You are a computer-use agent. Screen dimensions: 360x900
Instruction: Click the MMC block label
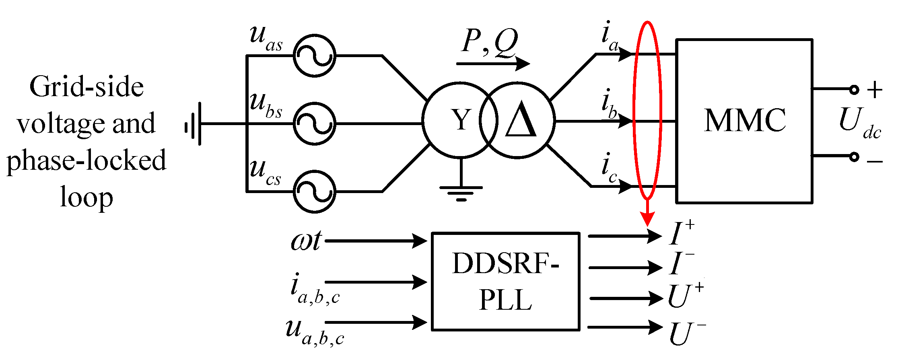pyautogui.click(x=745, y=120)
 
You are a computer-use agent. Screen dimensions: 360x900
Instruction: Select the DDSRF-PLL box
pyautogui.click(x=505, y=282)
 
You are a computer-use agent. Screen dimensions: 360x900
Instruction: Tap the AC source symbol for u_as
pyautogui.click(x=314, y=56)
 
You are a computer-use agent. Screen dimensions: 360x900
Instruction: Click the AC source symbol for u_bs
pyautogui.click(x=314, y=123)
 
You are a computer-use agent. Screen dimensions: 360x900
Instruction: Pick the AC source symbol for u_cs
pyautogui.click(x=314, y=191)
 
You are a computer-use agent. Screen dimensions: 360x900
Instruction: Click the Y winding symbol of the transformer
pyautogui.click(x=460, y=120)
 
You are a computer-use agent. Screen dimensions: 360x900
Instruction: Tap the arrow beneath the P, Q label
pyautogui.click(x=493, y=64)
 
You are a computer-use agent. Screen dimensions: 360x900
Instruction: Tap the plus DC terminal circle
pyautogui.click(x=854, y=89)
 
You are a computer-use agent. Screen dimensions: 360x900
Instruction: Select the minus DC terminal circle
pyautogui.click(x=854, y=157)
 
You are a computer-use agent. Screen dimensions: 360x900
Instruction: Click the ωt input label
pyautogui.click(x=306, y=242)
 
